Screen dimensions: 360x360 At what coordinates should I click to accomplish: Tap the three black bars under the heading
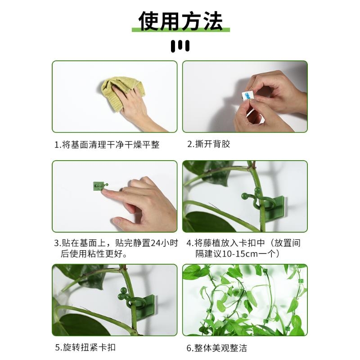click(x=180, y=46)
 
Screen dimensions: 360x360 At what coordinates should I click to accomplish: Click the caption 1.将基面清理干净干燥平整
click(x=107, y=145)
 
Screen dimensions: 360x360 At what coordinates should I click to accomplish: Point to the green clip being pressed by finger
click(x=99, y=186)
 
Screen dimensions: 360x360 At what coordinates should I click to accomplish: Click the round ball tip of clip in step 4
click(x=244, y=197)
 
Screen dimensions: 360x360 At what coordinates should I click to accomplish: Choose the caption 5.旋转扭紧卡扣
click(x=85, y=348)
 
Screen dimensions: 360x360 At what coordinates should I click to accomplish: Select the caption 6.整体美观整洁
click(x=217, y=348)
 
